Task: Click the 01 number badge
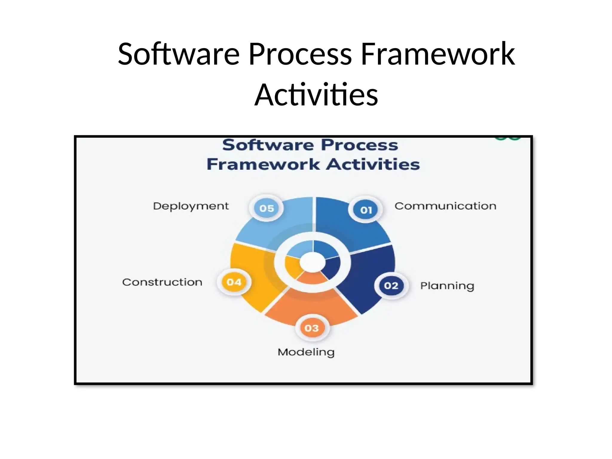pos(366,210)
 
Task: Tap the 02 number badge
pos(391,286)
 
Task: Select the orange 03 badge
pos(312,328)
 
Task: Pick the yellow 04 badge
pos(234,282)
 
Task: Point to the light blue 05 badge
pos(267,208)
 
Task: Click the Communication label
pos(445,206)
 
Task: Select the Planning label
pos(447,286)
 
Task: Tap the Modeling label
pos(306,352)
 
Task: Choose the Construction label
pos(162,282)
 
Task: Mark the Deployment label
pos(191,206)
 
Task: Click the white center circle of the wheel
pos(312,262)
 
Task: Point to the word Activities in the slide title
pos(316,95)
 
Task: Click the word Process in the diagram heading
pos(359,145)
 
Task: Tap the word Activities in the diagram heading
pos(373,164)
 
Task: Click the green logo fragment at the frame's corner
pos(507,138)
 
